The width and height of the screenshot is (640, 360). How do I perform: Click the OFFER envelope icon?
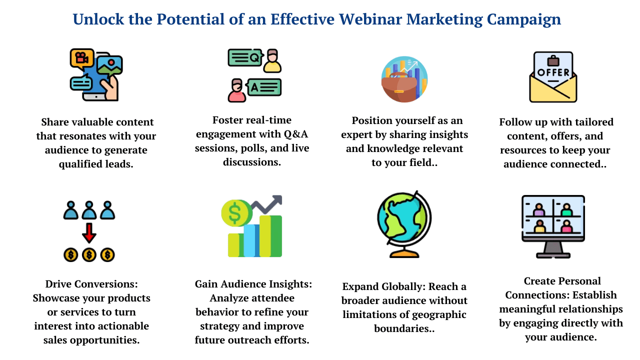click(x=553, y=77)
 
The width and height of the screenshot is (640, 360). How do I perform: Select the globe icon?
click(x=403, y=223)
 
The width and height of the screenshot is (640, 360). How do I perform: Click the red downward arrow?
click(x=89, y=233)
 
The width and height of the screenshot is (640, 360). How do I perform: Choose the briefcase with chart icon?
click(x=404, y=79)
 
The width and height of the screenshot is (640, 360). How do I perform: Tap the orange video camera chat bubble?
click(x=81, y=58)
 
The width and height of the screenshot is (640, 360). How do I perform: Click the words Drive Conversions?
click(x=91, y=284)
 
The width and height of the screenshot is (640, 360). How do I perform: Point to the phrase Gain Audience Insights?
click(x=253, y=284)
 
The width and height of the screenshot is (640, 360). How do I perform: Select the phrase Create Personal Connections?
click(x=561, y=288)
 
